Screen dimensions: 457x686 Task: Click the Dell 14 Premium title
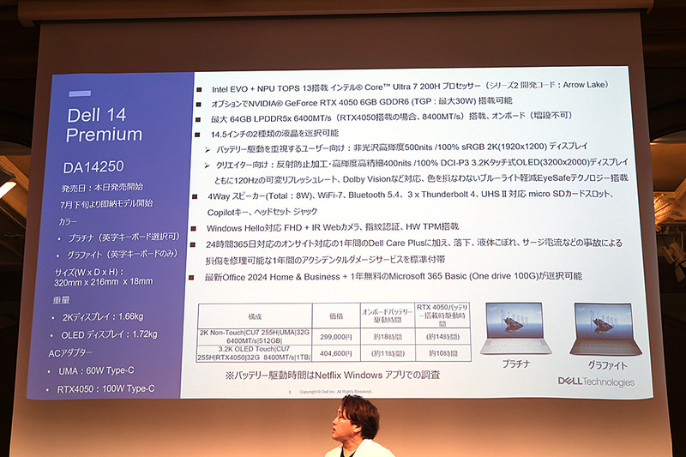[104, 124]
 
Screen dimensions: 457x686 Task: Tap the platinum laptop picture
[514, 328]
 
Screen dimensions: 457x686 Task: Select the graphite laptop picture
[601, 328]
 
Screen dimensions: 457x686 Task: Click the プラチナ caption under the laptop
[515, 363]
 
